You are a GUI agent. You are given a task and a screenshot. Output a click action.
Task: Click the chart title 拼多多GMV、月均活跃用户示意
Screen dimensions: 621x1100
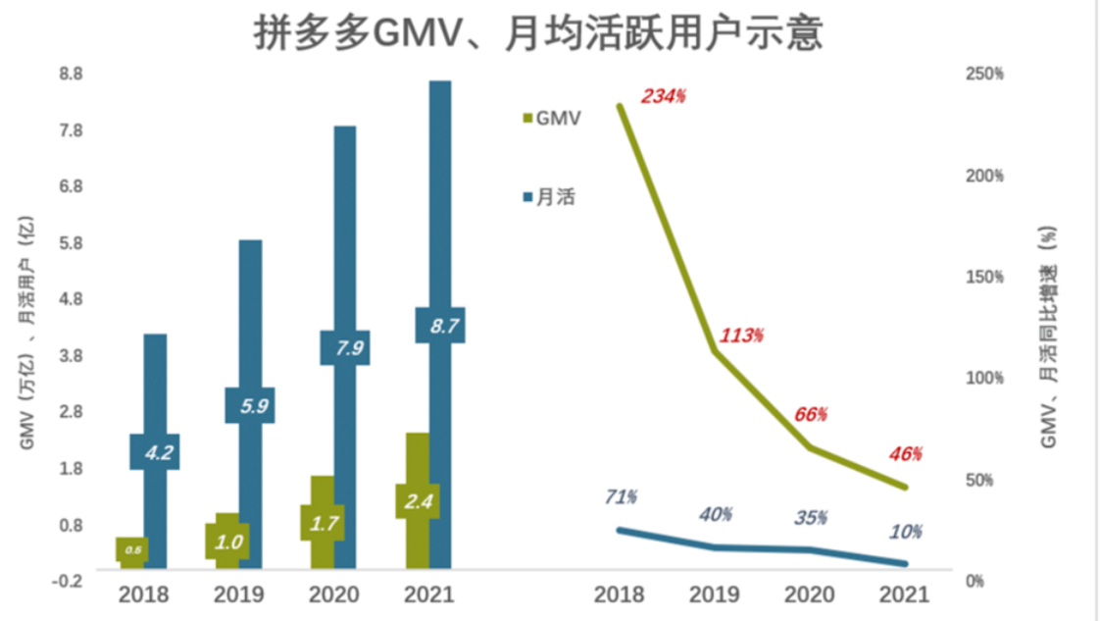537,31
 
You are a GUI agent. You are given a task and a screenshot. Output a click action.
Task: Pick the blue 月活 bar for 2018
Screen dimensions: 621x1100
154,392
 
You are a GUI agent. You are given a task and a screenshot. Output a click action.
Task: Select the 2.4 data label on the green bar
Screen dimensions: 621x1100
418,501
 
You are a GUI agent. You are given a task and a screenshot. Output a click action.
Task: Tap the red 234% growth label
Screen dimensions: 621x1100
663,96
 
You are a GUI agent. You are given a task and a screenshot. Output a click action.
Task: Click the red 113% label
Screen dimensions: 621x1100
741,336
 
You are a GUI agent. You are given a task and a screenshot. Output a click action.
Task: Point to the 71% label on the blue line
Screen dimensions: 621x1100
620,497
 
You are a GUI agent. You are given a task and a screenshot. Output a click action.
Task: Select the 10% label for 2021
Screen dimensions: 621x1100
906,532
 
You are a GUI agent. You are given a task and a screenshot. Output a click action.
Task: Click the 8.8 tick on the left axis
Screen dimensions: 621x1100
71,75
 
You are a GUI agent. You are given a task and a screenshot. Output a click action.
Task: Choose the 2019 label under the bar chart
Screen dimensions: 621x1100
237,595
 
